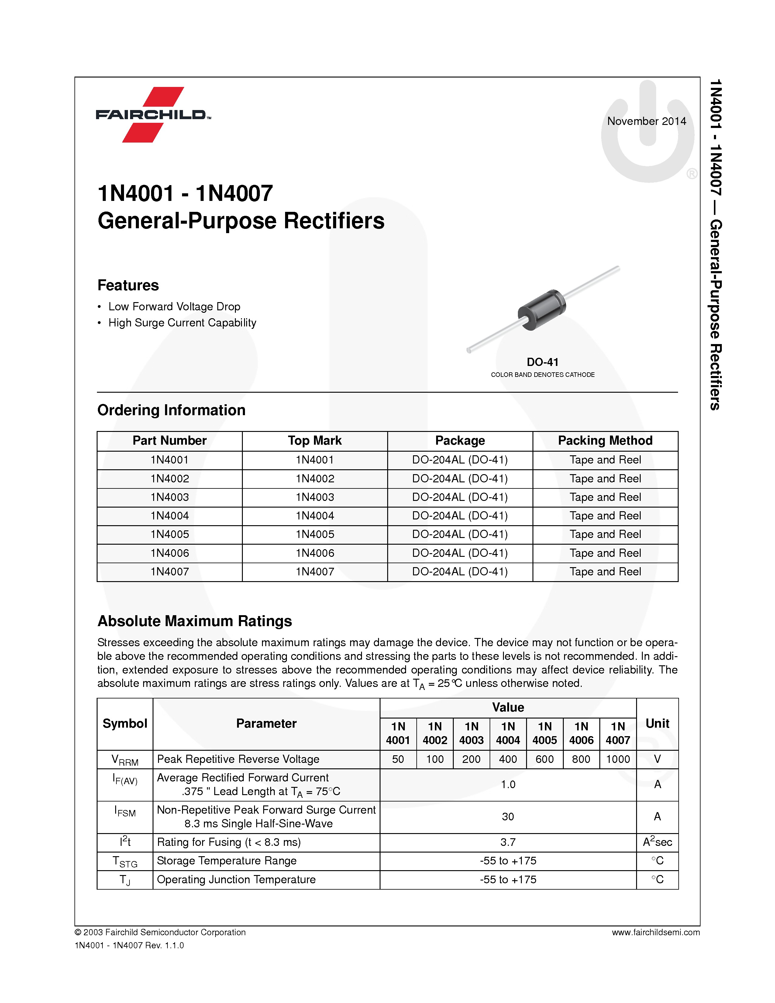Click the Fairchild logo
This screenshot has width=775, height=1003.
[153, 114]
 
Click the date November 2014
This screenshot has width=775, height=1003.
[646, 121]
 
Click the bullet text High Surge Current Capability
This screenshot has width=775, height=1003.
[182, 323]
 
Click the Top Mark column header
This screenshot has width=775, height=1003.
[315, 440]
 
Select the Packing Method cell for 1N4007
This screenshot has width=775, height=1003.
[605, 572]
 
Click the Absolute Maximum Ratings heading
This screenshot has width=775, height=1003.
[195, 621]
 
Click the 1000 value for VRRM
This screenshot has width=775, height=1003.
[618, 759]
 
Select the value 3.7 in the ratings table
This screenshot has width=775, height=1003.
[508, 842]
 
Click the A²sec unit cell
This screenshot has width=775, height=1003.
[657, 842]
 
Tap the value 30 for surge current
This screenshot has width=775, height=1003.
[508, 817]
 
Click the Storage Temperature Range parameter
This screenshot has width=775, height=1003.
[227, 861]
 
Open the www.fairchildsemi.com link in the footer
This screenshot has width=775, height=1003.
[655, 932]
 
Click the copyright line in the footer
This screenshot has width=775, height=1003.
[160, 932]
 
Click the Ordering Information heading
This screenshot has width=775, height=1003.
[171, 410]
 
